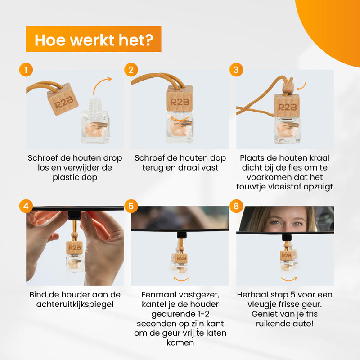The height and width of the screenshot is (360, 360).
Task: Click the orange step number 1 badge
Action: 26,70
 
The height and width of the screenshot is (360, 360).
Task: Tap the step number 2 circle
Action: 131,70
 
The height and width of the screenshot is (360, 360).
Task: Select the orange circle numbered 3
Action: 236,70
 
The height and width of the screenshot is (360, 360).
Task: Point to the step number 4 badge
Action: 26,206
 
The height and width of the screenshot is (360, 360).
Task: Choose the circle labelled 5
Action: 131,206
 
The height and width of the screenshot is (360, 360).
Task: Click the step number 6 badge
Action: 236,206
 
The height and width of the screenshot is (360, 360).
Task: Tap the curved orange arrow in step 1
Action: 99,82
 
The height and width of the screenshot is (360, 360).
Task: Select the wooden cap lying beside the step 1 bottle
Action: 63,99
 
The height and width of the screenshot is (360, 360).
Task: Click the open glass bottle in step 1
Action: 95,120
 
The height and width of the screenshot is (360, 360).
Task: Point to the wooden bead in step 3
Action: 288,86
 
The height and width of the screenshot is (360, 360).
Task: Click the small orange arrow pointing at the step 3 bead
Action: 301,86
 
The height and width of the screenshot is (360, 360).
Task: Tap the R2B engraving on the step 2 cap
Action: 180,102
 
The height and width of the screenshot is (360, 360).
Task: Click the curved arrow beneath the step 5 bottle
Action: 181,279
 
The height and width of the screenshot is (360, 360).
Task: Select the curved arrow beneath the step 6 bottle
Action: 289,279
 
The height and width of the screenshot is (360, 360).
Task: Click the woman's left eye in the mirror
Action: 298,223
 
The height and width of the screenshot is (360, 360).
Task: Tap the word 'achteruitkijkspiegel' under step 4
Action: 75,304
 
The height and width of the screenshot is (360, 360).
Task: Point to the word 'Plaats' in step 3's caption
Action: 251,158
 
